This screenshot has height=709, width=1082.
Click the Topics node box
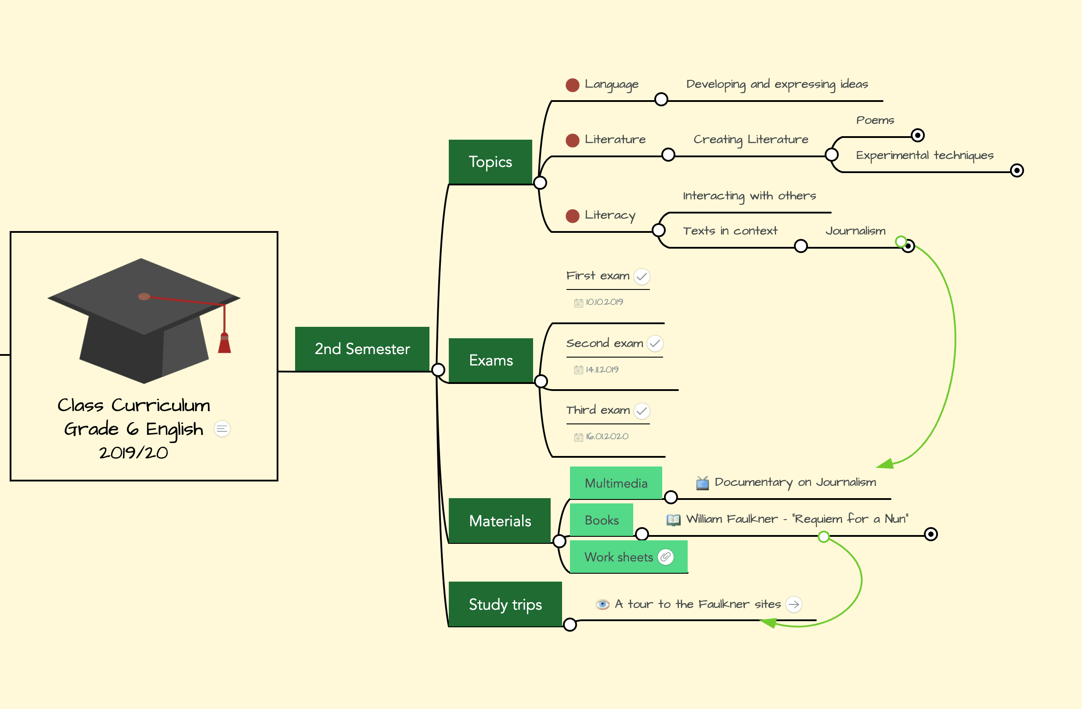click(x=490, y=162)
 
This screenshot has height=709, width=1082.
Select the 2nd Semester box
click(x=362, y=349)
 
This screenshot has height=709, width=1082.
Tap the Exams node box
click(x=491, y=360)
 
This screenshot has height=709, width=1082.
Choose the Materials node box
click(x=499, y=521)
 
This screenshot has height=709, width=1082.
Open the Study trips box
click(x=505, y=604)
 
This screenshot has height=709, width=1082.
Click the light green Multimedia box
click(x=616, y=483)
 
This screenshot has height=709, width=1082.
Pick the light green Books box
click(x=601, y=520)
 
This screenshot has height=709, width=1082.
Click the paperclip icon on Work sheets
click(x=666, y=557)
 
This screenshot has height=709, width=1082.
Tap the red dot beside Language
click(x=572, y=85)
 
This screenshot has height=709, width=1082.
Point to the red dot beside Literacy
click(x=572, y=216)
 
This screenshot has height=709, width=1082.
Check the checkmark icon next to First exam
click(x=642, y=276)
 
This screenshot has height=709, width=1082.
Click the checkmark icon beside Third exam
click(x=642, y=411)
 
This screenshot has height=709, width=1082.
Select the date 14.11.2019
click(x=602, y=370)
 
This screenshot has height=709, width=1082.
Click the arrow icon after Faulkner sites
click(x=794, y=604)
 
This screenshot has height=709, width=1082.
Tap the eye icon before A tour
click(x=602, y=604)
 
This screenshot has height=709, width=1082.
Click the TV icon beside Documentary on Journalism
click(x=703, y=483)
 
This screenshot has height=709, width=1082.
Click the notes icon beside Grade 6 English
click(x=222, y=429)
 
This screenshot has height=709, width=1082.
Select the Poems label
click(x=875, y=120)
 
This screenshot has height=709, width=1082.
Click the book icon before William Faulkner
click(x=673, y=519)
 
